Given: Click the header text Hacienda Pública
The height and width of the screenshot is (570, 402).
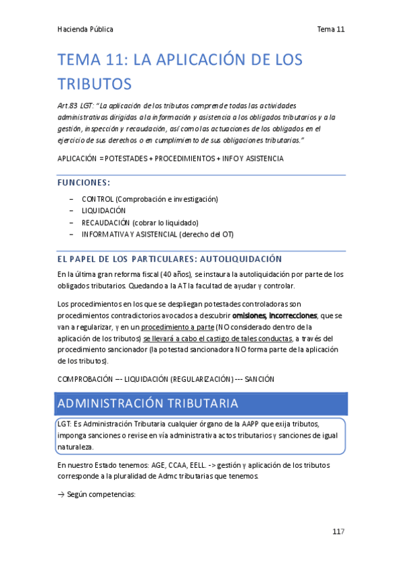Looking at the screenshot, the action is (85, 29).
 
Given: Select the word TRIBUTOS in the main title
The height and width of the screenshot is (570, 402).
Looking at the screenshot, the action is (94, 85).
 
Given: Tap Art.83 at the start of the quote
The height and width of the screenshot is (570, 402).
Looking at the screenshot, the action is (70, 106).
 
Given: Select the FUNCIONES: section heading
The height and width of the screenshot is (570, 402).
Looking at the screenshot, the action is (84, 182).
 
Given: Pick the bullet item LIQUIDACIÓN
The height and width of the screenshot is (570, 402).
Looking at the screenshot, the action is (103, 210).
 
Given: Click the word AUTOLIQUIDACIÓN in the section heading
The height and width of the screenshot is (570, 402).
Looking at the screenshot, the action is (240, 259).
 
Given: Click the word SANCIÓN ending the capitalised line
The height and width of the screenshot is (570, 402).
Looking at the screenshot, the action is (260, 380).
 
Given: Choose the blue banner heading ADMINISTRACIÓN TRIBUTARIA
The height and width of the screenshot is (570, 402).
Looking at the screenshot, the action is (148, 403).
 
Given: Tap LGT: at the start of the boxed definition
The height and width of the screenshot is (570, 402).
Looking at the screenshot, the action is (66, 425).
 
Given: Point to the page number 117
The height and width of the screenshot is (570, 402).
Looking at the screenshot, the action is (338, 532).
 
